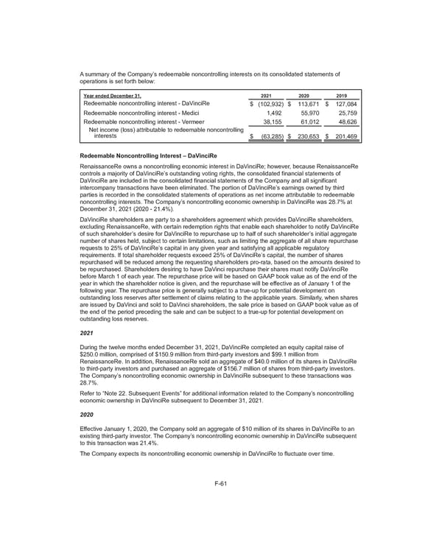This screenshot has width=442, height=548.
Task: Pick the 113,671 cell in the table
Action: [x=304, y=104]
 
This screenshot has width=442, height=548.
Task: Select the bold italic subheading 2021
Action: [x=85, y=333]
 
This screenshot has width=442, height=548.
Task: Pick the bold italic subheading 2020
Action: [x=85, y=415]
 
